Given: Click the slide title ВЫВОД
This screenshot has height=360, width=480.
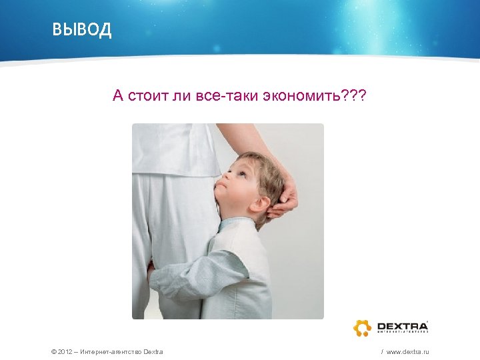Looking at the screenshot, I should click(x=82, y=31).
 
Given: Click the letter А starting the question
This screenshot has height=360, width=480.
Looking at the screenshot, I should click(x=118, y=97).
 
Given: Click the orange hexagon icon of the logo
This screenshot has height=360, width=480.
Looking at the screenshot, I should click(x=362, y=327).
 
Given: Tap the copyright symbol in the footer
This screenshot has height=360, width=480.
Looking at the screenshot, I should click(x=53, y=351).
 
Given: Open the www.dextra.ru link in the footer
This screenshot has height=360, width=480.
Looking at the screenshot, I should click(x=407, y=351).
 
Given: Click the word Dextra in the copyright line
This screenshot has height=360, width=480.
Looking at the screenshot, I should click(x=153, y=351).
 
